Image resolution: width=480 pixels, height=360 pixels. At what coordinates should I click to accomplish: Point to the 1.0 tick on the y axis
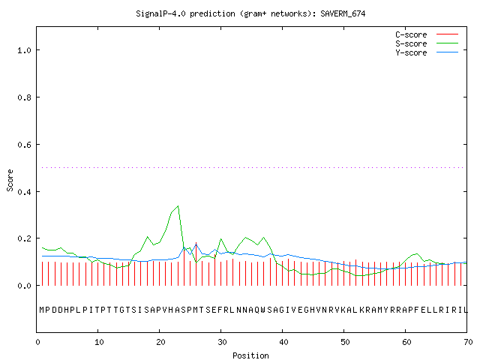click(x=24, y=50)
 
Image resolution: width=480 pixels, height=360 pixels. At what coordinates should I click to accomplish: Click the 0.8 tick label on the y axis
click(x=24, y=97)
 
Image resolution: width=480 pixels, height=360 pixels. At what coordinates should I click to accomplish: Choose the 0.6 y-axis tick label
click(x=24, y=145)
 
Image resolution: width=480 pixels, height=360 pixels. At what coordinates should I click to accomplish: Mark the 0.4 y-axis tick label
click(x=24, y=192)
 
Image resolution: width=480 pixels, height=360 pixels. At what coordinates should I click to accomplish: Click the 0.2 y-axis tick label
click(x=24, y=238)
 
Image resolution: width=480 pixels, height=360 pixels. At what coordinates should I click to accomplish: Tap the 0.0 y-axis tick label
click(x=24, y=286)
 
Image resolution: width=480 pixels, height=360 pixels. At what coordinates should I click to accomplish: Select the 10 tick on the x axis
click(x=99, y=342)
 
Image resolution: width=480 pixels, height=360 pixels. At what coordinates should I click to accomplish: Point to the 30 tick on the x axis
click(x=222, y=342)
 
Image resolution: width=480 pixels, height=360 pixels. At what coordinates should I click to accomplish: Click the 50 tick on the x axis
click(x=345, y=342)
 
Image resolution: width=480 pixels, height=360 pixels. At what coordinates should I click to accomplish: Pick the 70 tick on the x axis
click(x=468, y=342)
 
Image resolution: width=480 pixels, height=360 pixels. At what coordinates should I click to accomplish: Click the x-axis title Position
click(x=250, y=355)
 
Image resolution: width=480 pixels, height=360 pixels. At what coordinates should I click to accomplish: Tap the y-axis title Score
click(x=10, y=180)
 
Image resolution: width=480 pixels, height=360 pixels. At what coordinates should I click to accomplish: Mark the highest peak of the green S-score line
click(x=178, y=206)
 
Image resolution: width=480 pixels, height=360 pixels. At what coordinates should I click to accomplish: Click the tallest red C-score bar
click(x=196, y=264)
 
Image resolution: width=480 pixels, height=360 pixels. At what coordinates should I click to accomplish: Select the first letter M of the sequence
click(x=42, y=310)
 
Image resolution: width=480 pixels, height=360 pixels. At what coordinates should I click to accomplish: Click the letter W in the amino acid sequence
click(x=263, y=310)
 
